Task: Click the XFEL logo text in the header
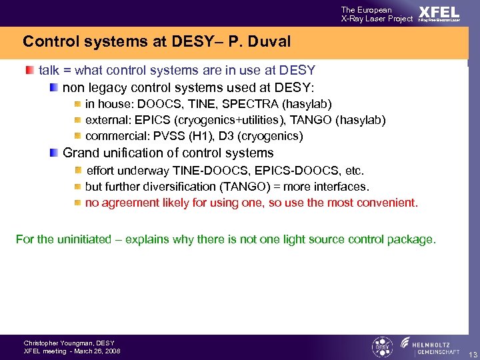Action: click(x=439, y=13)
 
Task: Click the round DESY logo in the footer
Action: click(x=381, y=347)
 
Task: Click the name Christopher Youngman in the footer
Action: click(x=54, y=343)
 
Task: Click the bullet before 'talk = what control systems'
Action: click(x=29, y=70)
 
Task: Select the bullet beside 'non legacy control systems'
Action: click(x=53, y=87)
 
